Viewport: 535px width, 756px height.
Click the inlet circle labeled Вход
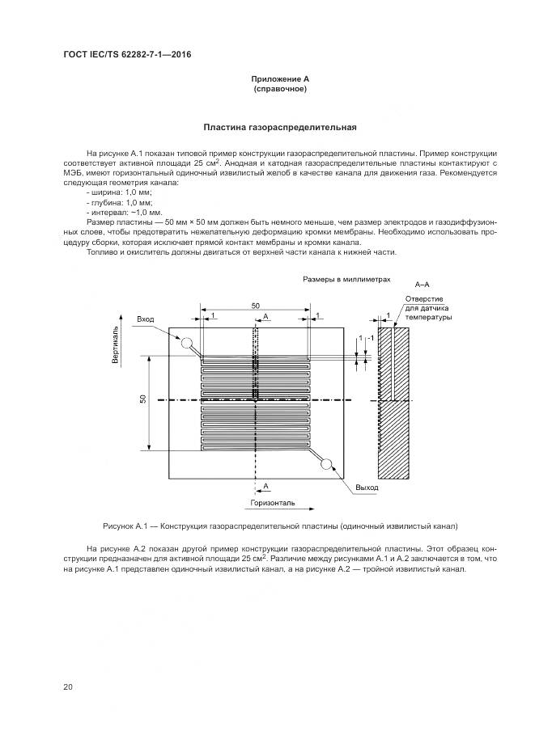(x=186, y=343)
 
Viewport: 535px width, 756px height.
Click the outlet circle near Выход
(x=328, y=464)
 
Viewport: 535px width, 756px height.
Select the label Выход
(x=367, y=487)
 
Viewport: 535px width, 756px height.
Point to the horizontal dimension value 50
(x=255, y=305)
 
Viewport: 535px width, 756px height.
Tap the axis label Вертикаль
(x=117, y=345)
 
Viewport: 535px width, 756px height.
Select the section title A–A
(x=422, y=285)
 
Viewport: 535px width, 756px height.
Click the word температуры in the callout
(x=428, y=318)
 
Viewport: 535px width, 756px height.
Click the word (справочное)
(x=279, y=88)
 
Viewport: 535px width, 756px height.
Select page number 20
(x=68, y=686)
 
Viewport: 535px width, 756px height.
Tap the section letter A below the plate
(x=266, y=485)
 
